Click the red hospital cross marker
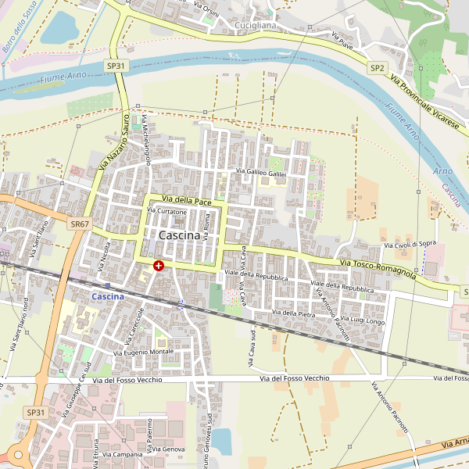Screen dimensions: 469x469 click(x=159, y=266)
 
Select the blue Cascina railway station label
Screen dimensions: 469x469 click(x=108, y=296)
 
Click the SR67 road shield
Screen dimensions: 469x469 click(x=78, y=224)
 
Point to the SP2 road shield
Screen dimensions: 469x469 click(x=378, y=68)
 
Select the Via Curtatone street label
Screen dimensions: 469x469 click(x=167, y=212)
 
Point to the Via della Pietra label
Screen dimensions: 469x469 click(x=293, y=313)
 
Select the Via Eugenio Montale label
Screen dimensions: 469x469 click(x=144, y=353)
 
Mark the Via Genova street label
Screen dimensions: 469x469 click(x=169, y=449)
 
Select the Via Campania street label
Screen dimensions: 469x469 click(x=117, y=454)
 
